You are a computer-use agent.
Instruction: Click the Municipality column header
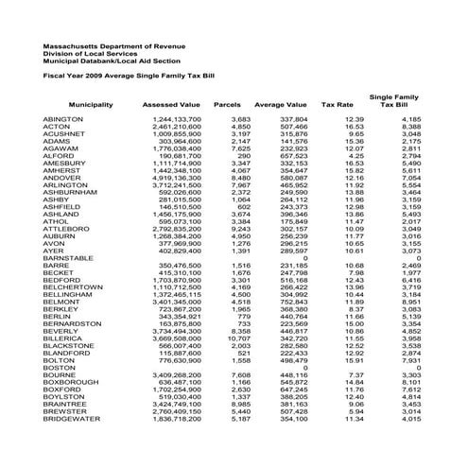[92, 104]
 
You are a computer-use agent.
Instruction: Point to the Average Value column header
[281, 104]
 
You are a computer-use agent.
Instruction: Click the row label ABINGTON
[64, 119]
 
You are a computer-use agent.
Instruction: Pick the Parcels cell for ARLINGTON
[238, 184]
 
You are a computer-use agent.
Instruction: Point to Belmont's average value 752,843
[290, 302]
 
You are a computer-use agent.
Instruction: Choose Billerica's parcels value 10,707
[236, 338]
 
